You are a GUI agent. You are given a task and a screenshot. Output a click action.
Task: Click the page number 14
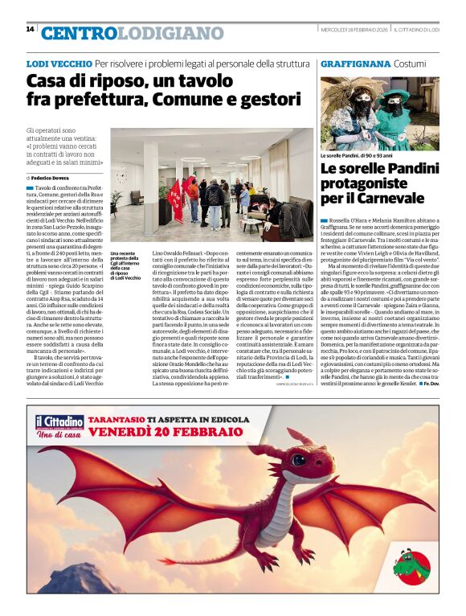[x=30, y=29]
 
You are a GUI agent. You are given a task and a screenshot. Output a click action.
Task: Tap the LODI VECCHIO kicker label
[x=59, y=63]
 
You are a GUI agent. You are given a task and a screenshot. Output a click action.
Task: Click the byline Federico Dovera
[x=50, y=177]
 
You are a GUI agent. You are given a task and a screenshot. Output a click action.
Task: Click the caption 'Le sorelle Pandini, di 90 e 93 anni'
[x=358, y=155]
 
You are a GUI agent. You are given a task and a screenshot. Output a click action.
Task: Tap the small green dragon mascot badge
[x=411, y=566]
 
